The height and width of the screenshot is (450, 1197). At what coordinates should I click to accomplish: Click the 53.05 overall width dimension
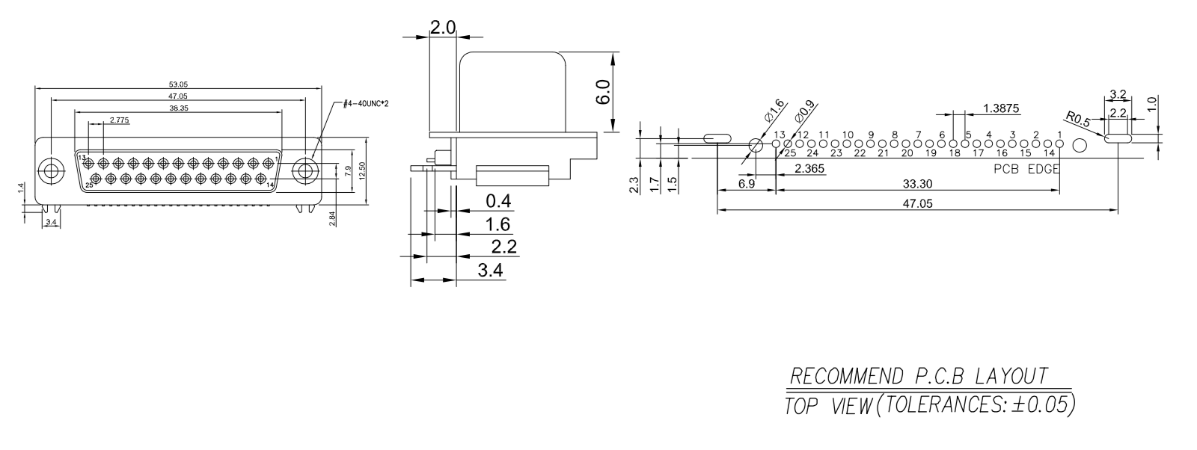point(178,84)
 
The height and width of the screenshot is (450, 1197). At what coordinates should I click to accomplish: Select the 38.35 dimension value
point(178,108)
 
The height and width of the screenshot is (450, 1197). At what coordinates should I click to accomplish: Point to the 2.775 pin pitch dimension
point(119,120)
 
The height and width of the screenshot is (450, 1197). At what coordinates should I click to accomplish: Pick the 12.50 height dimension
point(363,171)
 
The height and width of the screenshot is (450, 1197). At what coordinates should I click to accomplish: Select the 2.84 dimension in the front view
point(332,218)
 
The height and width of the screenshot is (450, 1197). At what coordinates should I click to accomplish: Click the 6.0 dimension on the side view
point(604,93)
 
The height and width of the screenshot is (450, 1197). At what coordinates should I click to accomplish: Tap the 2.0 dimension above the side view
point(442,28)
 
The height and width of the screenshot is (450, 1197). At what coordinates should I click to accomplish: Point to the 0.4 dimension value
point(498,201)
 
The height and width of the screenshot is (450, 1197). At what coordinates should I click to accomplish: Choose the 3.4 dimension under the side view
point(490,270)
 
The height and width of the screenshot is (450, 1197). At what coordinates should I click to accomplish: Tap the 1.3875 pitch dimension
point(1002,109)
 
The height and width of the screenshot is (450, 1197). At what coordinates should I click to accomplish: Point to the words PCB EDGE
point(1026,169)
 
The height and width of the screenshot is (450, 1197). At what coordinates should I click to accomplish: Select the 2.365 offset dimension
point(809,170)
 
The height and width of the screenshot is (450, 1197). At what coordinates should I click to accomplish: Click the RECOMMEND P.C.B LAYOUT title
point(920,375)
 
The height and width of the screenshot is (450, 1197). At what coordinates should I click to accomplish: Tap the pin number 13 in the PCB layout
point(779,135)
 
